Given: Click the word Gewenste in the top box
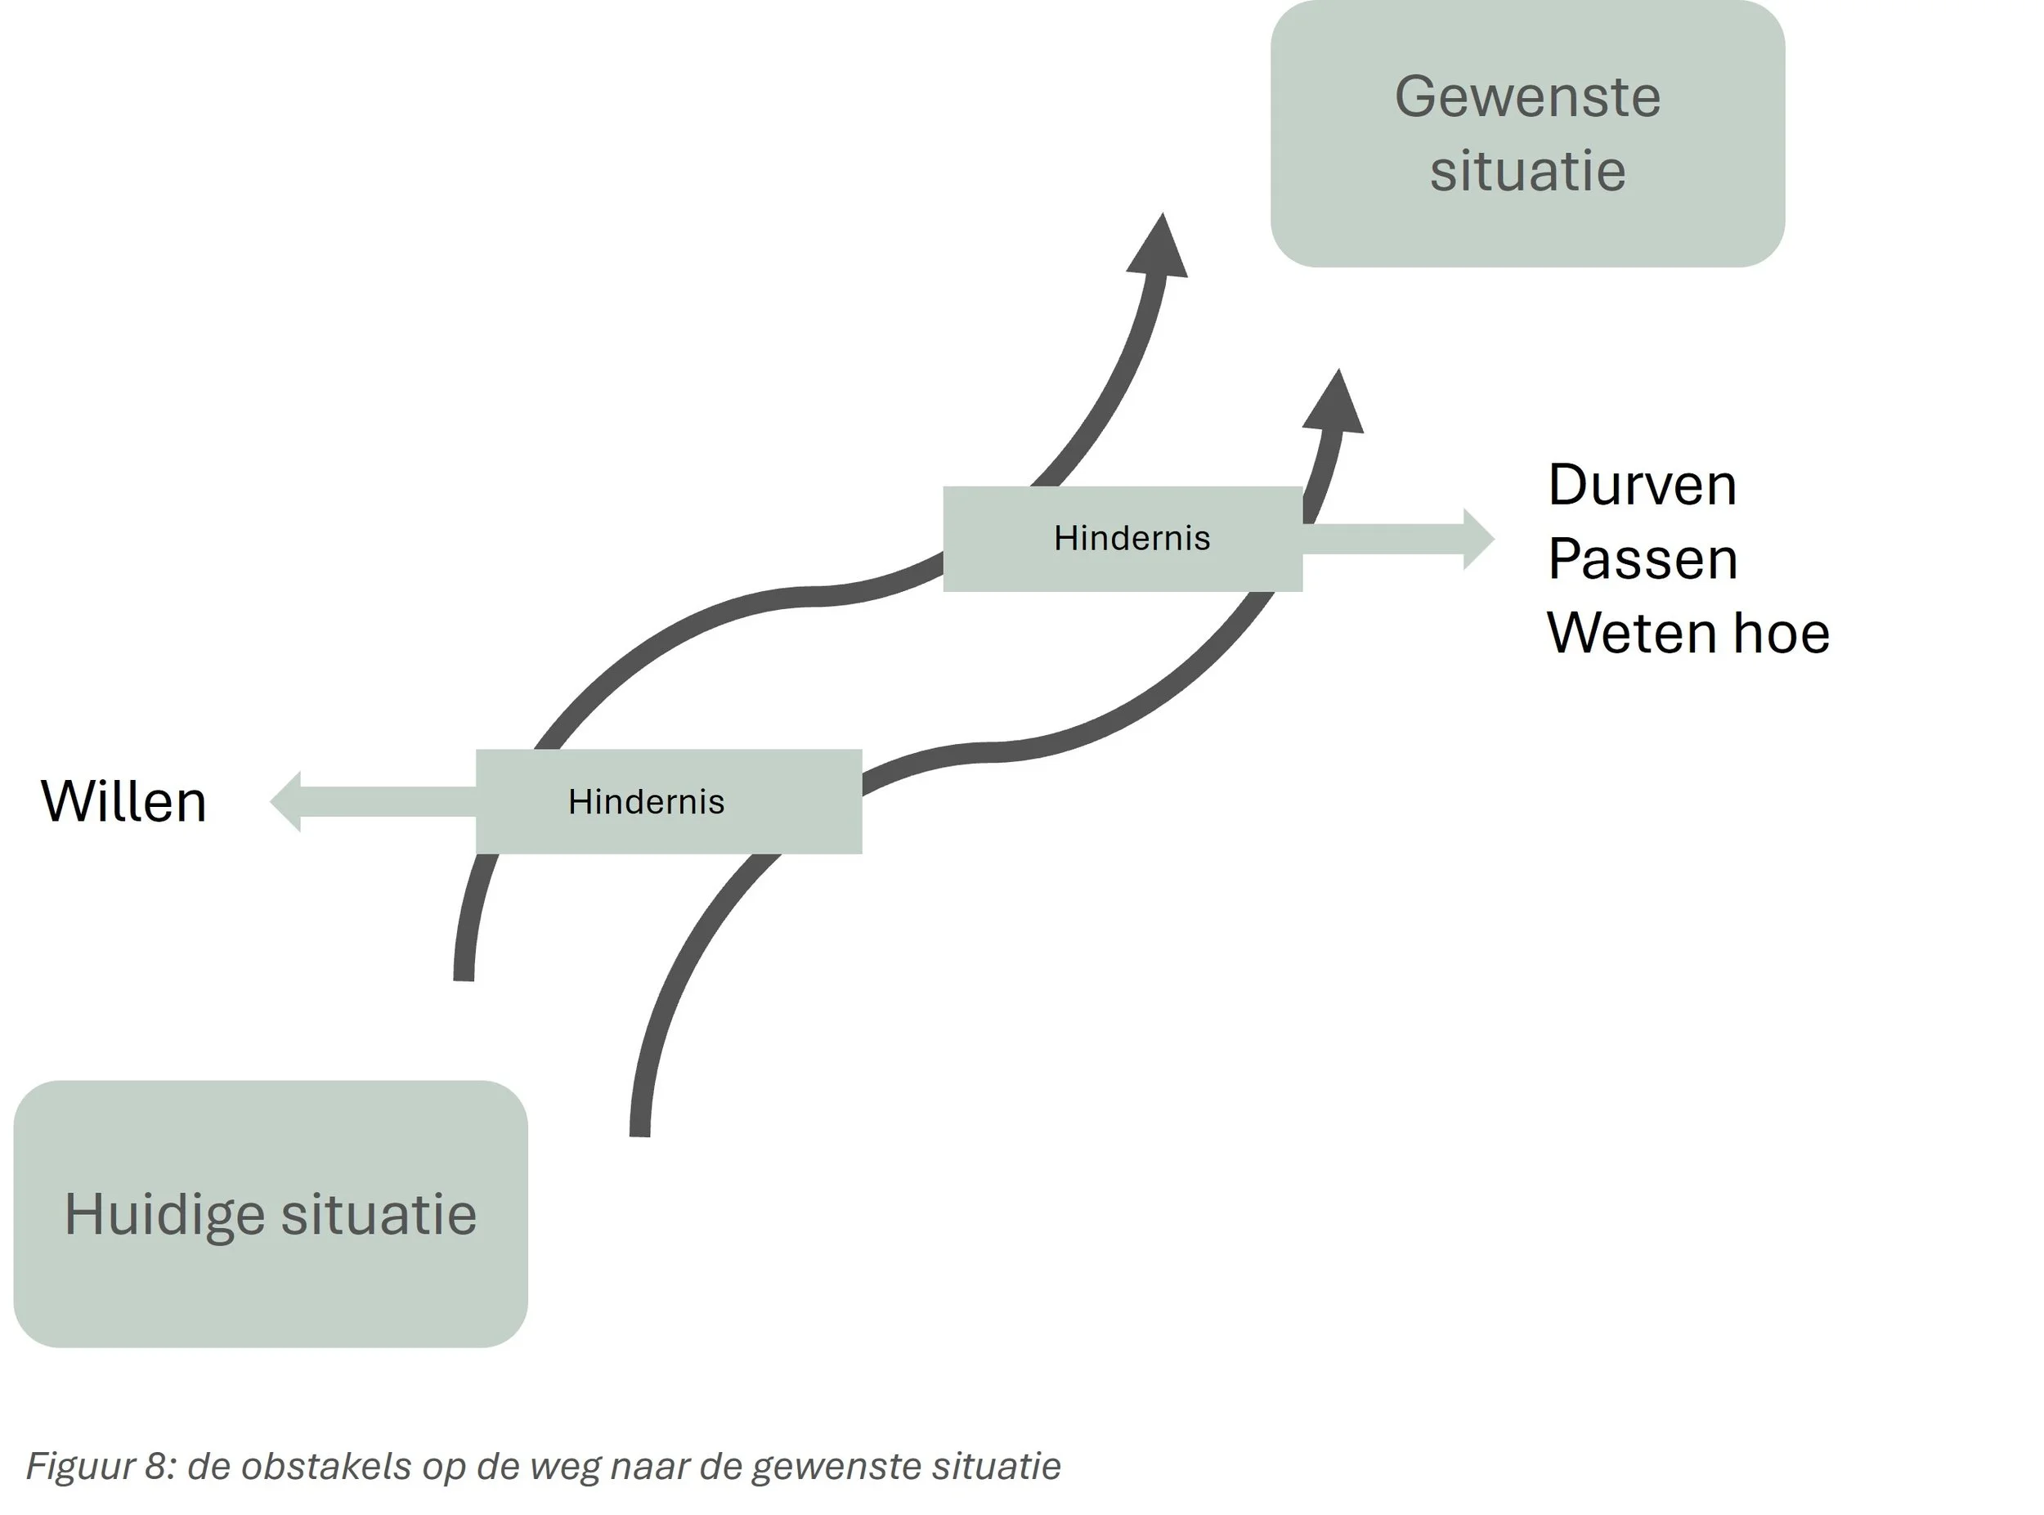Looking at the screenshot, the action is click(x=1526, y=97).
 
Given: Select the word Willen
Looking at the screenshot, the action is click(x=123, y=801).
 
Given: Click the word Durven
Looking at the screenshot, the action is click(x=1643, y=485).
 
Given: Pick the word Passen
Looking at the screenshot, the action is click(x=1643, y=559).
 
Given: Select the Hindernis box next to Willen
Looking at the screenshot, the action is click(x=669, y=801).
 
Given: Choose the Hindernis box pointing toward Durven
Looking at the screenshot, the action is click(x=1123, y=538).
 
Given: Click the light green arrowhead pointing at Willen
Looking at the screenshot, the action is click(x=287, y=801).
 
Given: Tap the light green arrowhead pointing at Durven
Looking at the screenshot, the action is click(x=1477, y=540).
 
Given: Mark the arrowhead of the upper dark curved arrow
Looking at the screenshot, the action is click(x=1159, y=250).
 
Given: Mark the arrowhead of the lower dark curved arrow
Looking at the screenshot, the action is click(x=1335, y=406).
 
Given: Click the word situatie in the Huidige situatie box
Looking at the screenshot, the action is click(x=379, y=1214).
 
